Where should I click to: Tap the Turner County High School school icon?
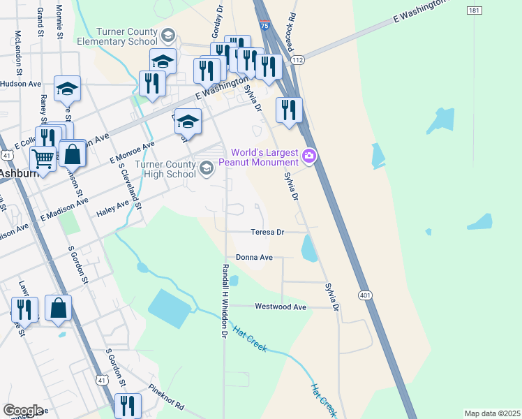coord(206,168)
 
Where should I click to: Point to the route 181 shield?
coord(474,10)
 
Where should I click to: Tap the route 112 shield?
coord(298,61)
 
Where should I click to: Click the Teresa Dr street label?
coord(268,232)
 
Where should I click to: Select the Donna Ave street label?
coord(254,257)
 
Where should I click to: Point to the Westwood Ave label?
coord(281,307)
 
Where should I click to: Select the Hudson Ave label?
coord(21,84)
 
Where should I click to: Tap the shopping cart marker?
coord(43,159)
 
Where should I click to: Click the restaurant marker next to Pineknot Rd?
coord(128,405)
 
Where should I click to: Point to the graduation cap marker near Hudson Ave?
coord(67,89)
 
